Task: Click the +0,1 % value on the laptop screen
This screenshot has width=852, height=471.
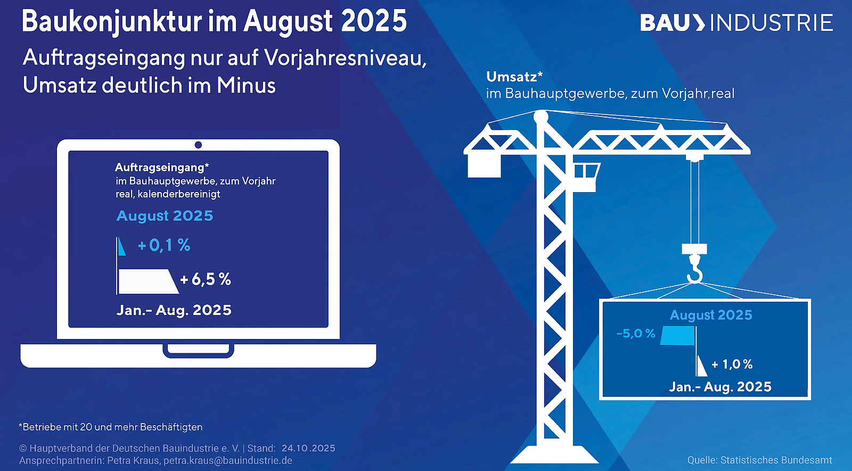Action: tap(164, 245)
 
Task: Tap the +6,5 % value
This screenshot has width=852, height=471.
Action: tap(206, 279)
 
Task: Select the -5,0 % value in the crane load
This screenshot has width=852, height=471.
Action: tap(636, 333)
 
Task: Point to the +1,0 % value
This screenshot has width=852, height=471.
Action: tap(732, 364)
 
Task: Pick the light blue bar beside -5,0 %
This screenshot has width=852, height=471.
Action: tap(678, 335)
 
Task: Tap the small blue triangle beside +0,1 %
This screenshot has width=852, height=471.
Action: tap(121, 246)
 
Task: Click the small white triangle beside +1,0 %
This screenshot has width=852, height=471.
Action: tap(701, 366)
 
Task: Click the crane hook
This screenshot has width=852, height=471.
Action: tap(694, 269)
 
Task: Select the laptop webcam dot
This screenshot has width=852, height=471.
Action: tap(198, 145)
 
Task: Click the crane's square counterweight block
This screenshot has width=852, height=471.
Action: tap(484, 166)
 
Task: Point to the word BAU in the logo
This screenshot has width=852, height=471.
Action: tap(664, 23)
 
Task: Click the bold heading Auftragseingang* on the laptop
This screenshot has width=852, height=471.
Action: tap(162, 167)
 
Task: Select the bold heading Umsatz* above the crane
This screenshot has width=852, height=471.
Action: tap(514, 77)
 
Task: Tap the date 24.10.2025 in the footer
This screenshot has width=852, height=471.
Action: tap(308, 448)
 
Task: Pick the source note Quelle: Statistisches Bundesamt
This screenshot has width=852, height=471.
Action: tap(759, 460)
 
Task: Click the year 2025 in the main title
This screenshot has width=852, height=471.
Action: tap(374, 21)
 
